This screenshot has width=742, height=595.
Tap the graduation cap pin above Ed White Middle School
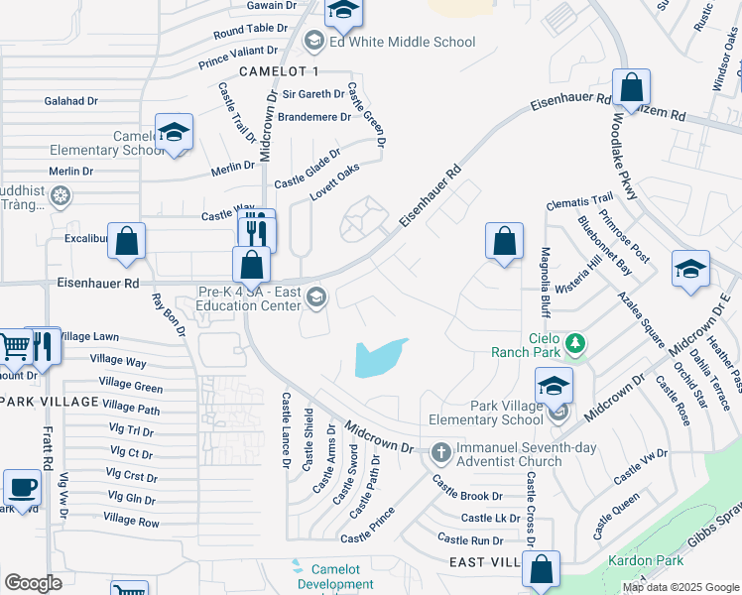[344, 11]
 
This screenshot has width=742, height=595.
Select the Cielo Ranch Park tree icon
[573, 344]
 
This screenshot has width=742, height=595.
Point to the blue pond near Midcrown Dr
[379, 358]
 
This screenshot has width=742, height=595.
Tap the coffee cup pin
[22, 488]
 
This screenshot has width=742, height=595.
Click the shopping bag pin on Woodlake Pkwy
[631, 87]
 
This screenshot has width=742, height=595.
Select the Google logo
[33, 583]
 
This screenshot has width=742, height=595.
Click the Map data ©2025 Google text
[680, 587]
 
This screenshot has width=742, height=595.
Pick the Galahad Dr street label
[71, 100]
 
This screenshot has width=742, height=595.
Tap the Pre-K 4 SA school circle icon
[316, 297]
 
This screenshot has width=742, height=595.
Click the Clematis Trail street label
[579, 202]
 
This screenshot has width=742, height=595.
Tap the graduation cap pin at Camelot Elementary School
[174, 133]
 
